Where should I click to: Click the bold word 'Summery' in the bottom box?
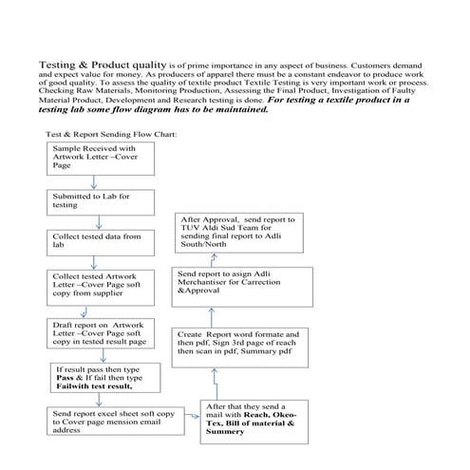point(225,432)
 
